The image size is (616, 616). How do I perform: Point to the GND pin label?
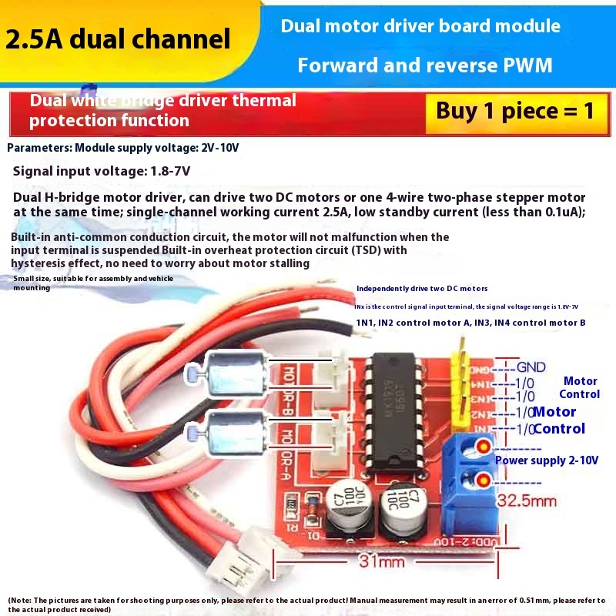tap(531, 367)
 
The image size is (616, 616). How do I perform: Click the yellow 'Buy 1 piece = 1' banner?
tap(515, 110)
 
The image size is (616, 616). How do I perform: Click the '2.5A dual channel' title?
tap(118, 39)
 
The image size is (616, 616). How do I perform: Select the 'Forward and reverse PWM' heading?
tap(425, 65)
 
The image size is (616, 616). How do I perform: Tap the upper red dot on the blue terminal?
tap(484, 445)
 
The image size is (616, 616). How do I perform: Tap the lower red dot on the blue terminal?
tap(484, 482)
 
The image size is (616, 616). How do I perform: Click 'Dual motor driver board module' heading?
tap(420, 26)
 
